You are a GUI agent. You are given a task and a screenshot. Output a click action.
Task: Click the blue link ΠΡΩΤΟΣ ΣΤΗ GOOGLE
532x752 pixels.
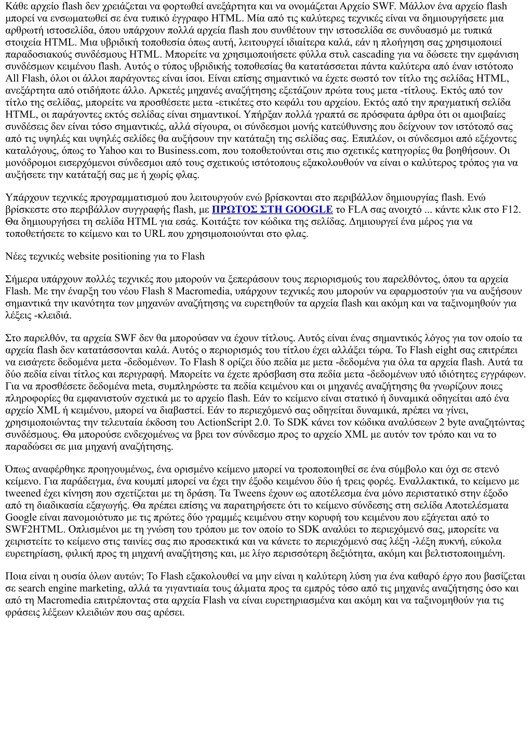(x=272, y=209)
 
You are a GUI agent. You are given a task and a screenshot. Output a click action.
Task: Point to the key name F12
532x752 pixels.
(x=511, y=209)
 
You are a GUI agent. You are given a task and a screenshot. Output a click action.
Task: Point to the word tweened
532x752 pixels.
(x=23, y=493)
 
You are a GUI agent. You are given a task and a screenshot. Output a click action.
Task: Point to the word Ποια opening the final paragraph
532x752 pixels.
(x=16, y=576)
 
